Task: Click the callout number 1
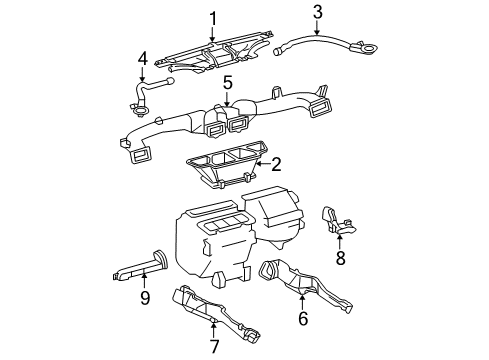(x=213, y=19)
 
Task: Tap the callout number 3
(x=318, y=12)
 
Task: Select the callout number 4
(x=142, y=59)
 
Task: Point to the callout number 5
(x=227, y=82)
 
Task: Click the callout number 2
(x=276, y=164)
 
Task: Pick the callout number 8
(x=340, y=258)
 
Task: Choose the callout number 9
(x=145, y=298)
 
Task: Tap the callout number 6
(x=303, y=318)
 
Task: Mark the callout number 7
(x=214, y=346)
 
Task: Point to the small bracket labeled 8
(x=336, y=221)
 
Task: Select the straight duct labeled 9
(x=140, y=267)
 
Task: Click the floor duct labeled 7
(x=213, y=312)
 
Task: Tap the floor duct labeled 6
(x=302, y=283)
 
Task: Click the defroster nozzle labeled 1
(x=215, y=52)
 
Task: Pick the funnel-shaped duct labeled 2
(x=225, y=165)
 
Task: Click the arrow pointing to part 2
(x=263, y=164)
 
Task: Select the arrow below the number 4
(x=142, y=74)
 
